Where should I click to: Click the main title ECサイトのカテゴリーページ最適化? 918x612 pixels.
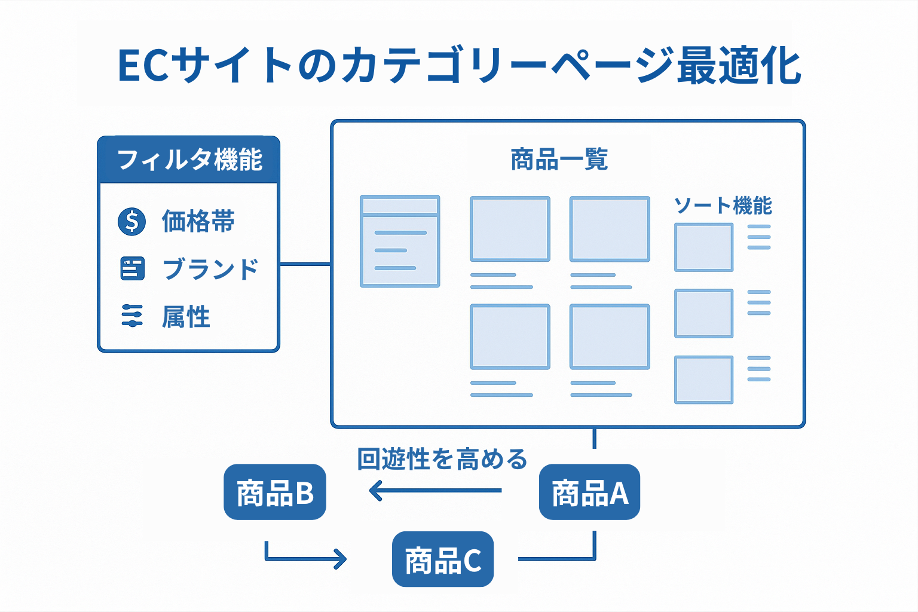click(x=459, y=66)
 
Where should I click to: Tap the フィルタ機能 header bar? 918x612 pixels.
click(x=189, y=160)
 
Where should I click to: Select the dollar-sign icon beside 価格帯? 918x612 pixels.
click(x=131, y=222)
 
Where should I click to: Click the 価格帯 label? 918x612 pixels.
click(x=198, y=222)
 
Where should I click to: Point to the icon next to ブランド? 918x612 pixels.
click(x=132, y=269)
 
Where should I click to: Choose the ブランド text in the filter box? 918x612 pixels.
click(x=210, y=269)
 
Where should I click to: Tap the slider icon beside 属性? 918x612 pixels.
click(x=132, y=316)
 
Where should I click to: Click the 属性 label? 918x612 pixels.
click(x=186, y=317)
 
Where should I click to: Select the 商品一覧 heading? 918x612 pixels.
click(x=559, y=160)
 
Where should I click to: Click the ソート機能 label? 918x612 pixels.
click(x=723, y=206)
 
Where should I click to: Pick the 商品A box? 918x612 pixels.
click(x=589, y=492)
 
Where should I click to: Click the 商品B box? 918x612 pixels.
click(x=275, y=492)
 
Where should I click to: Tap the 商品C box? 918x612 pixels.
click(x=443, y=559)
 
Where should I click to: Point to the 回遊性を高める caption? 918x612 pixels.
click(x=442, y=459)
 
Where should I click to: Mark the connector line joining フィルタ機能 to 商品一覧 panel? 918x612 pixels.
click(x=305, y=264)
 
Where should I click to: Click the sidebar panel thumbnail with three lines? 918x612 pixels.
click(x=400, y=241)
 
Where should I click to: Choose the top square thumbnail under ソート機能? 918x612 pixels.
click(x=703, y=247)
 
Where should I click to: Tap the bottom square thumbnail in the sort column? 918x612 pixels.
click(x=703, y=380)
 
